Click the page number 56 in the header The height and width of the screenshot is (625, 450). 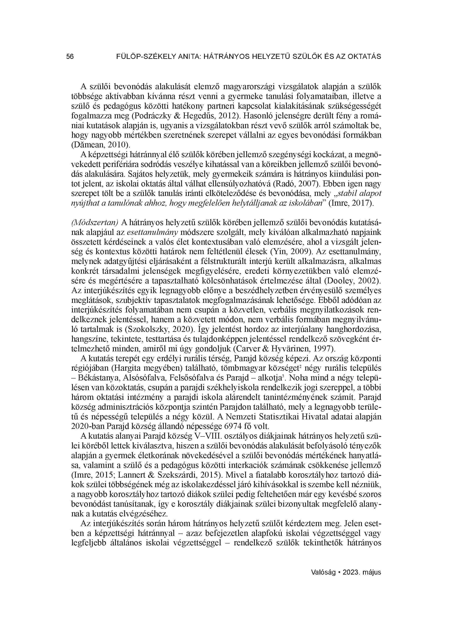pos(70,57)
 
